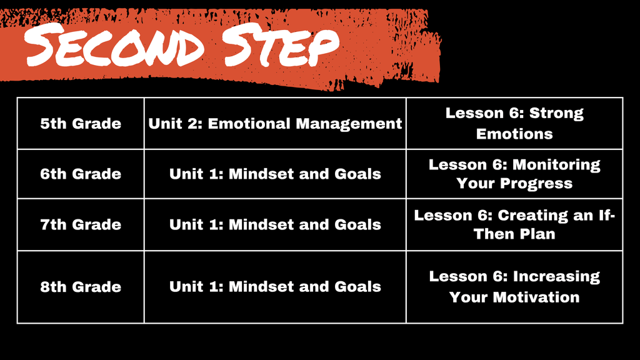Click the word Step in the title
tap(281, 45)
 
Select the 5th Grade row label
tap(81, 124)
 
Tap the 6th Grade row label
tap(81, 174)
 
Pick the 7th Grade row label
tap(81, 224)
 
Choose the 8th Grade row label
tap(81, 287)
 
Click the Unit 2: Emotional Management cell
tap(275, 124)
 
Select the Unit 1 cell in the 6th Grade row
tap(275, 174)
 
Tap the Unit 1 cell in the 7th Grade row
tap(275, 224)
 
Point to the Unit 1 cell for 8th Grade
tap(275, 287)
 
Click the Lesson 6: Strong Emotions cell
tap(514, 124)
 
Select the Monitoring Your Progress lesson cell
tap(514, 174)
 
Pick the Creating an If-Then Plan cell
tap(514, 224)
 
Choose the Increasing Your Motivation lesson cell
tap(514, 287)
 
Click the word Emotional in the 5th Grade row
tap(249, 124)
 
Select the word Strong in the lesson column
tap(556, 114)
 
